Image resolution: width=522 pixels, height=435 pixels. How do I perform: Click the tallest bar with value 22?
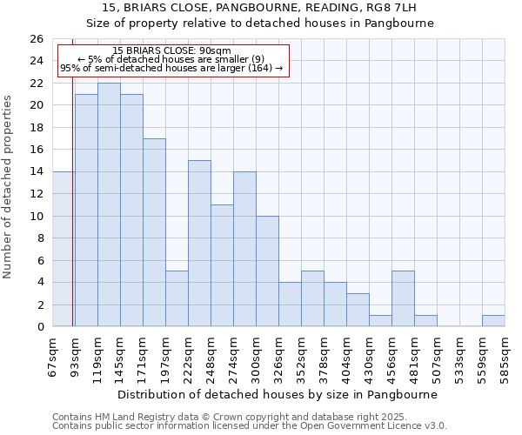109,204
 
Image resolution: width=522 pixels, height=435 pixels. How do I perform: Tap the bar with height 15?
199,244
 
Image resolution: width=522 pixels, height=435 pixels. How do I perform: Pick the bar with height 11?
222,265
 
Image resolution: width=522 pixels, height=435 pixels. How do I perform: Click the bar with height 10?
267,271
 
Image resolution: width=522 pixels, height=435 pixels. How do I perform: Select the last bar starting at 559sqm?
493,321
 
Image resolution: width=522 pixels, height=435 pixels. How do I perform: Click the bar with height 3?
358,310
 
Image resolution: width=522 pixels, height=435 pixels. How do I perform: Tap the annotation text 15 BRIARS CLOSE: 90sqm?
172,51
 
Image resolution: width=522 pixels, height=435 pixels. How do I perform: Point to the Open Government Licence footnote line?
250,426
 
